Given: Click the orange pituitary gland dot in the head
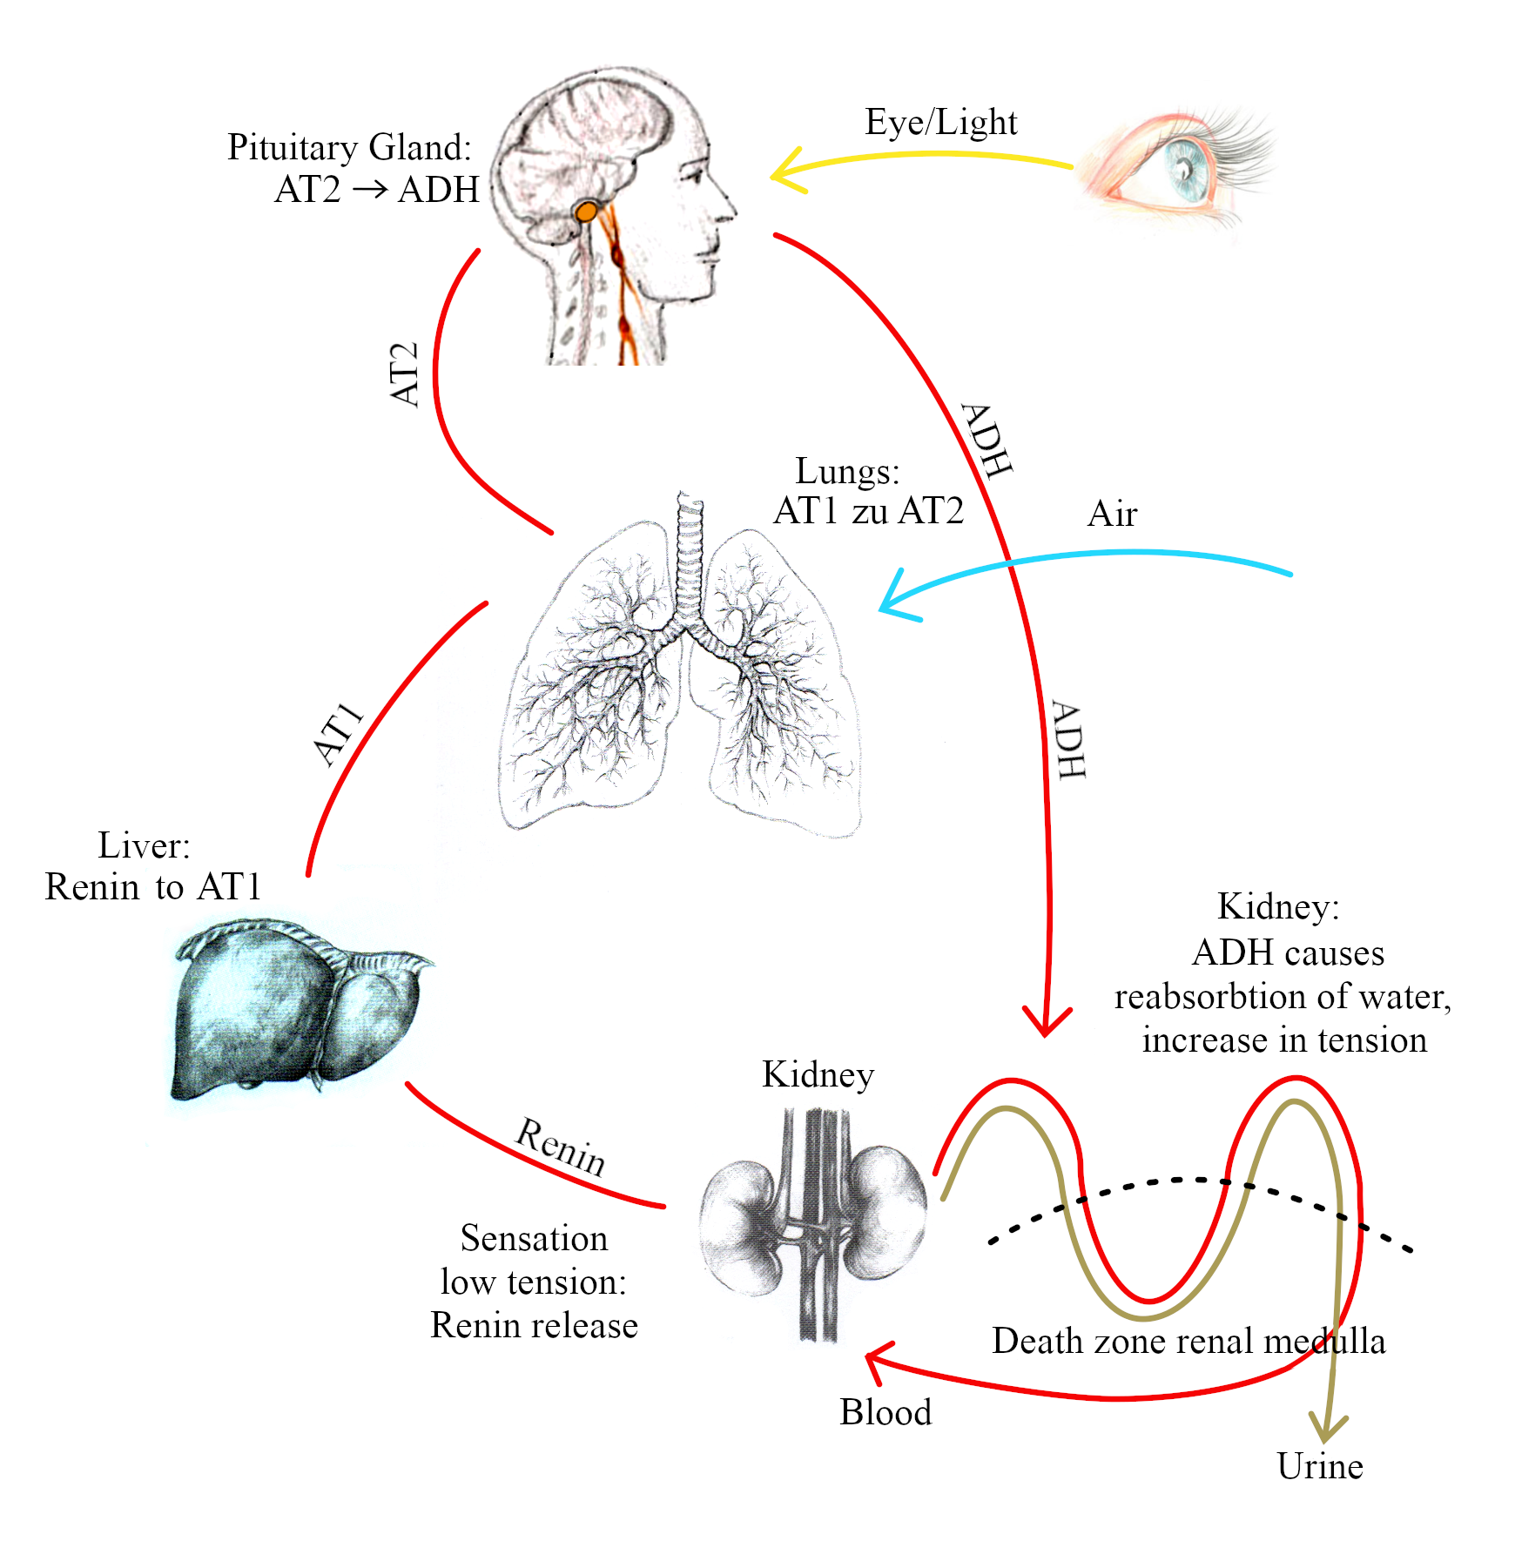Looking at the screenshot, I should pos(588,211).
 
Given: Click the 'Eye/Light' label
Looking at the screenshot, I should pos(940,123).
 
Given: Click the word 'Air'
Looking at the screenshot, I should pos(1112,514).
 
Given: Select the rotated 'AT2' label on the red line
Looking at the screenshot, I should pos(405,374).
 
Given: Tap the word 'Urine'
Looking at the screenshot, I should pos(1319,1467).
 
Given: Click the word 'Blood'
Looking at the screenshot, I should pos(885,1412).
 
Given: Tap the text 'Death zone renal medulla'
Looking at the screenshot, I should pos(1188,1341).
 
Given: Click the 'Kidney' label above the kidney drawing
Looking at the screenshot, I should pos(818,1074).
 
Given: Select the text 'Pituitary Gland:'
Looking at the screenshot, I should pos(349,147).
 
